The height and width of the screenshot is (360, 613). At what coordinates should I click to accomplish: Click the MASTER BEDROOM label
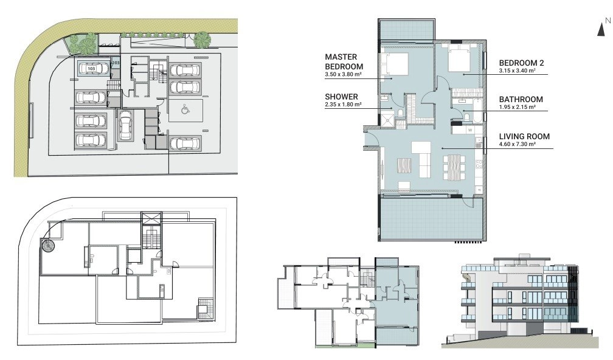344,62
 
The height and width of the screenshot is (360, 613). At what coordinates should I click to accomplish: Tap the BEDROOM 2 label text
521,63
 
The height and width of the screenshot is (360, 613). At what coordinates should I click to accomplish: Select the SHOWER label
341,97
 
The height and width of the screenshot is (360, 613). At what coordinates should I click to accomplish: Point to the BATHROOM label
521,99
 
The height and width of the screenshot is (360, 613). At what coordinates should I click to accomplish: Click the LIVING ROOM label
524,136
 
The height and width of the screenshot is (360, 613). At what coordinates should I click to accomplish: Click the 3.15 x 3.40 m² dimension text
517,71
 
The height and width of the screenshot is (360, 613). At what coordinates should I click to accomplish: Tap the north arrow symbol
601,29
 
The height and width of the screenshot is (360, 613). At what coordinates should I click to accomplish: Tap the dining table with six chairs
454,167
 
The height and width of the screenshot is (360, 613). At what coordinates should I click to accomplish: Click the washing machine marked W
469,130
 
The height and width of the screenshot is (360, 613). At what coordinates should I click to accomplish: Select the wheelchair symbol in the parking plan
185,110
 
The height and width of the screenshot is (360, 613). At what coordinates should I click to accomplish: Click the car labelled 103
93,68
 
